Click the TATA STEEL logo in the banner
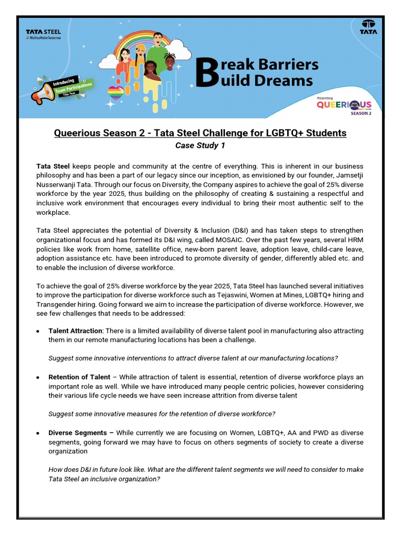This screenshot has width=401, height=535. [43, 33]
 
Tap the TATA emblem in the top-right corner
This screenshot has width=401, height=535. [369, 27]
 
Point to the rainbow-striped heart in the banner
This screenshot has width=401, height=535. [116, 92]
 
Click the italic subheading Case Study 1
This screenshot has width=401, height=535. [200, 146]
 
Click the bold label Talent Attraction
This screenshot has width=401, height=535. [75, 331]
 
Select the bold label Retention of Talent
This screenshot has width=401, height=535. [79, 377]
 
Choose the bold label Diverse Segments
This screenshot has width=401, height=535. [80, 433]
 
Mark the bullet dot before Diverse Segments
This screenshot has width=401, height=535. [38, 434]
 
